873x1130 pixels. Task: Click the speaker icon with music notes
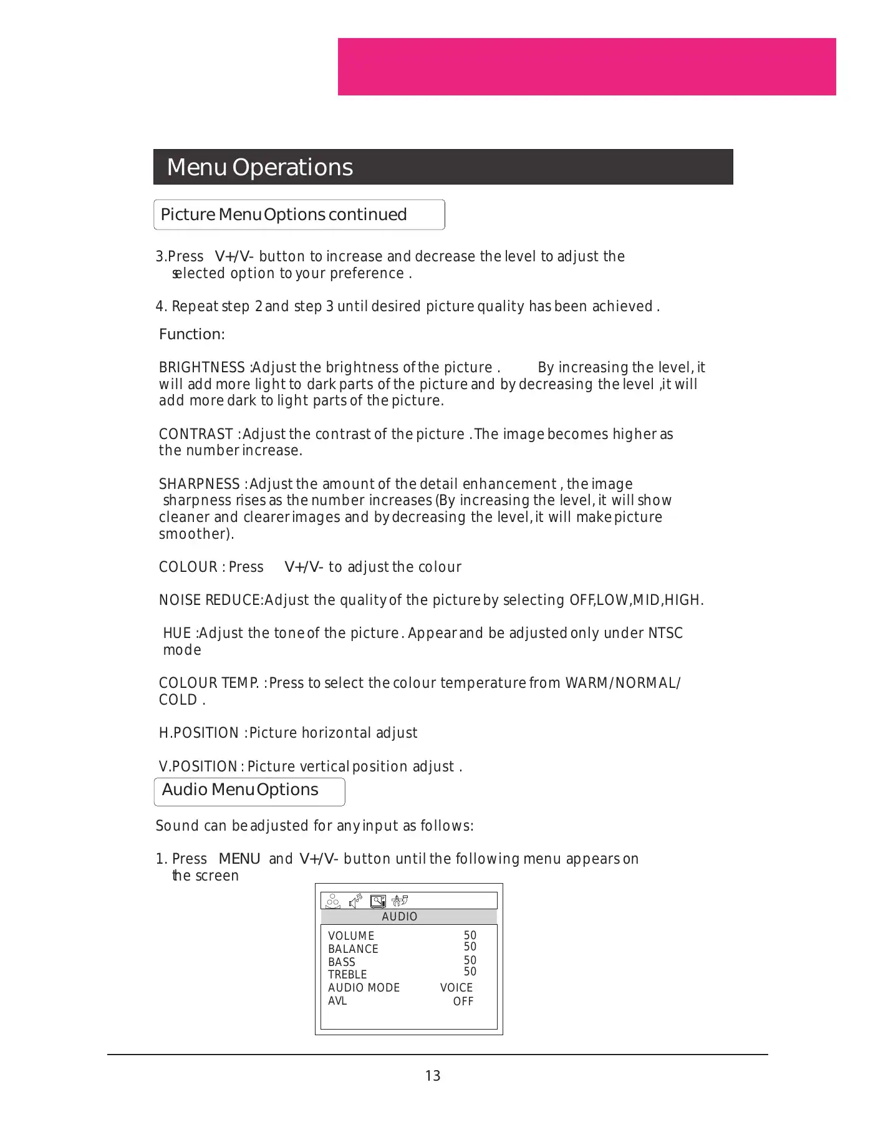click(355, 901)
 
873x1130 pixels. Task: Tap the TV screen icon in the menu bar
click(378, 901)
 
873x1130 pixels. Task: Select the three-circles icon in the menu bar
click(333, 901)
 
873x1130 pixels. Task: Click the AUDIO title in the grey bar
click(400, 916)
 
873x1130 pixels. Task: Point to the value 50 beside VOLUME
click(470, 935)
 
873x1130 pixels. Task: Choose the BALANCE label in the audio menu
click(353, 949)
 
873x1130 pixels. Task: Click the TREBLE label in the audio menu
click(347, 974)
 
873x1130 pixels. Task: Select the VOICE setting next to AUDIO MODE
click(456, 987)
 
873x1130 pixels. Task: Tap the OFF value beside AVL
click(463, 1001)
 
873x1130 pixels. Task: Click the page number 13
click(433, 1076)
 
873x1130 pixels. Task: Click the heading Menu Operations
click(259, 167)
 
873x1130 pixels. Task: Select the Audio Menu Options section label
click(240, 790)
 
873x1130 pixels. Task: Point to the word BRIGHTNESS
click(202, 367)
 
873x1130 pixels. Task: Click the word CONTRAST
click(196, 434)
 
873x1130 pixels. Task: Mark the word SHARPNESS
click(200, 484)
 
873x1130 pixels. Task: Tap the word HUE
click(176, 633)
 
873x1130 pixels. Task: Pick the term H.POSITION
click(199, 733)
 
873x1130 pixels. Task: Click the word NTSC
click(665, 633)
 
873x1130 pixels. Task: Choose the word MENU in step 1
click(239, 859)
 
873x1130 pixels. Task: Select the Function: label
click(191, 334)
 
